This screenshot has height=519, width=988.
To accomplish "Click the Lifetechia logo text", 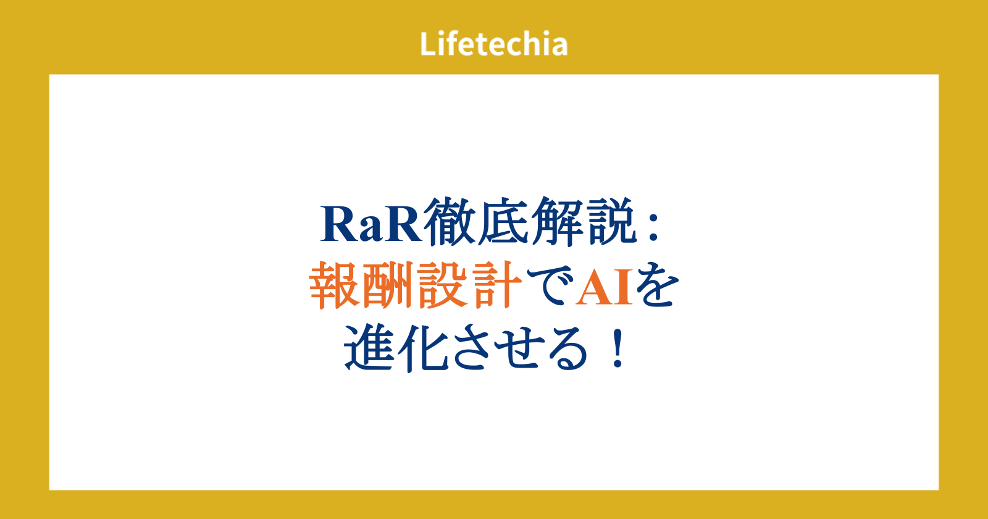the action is coord(493,44).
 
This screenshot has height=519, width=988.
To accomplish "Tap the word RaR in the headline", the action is coord(371,224).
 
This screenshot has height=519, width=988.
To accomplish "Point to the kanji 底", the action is coord(503,222).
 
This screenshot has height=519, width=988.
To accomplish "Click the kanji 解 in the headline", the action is coord(556,222).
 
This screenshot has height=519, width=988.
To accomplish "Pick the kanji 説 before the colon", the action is coord(609,222).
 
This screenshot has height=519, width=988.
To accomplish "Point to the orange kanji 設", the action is coord(442,285).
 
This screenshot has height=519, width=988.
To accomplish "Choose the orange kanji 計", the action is coord(495,285).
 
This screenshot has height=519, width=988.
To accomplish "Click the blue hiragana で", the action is coord(549,286).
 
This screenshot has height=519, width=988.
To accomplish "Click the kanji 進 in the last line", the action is coord(370,348).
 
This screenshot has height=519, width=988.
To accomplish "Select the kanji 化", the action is coord(423,348).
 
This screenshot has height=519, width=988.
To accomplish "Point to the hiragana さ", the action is coord(474,348).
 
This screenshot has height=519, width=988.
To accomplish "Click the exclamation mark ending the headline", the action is coord(617,348).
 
